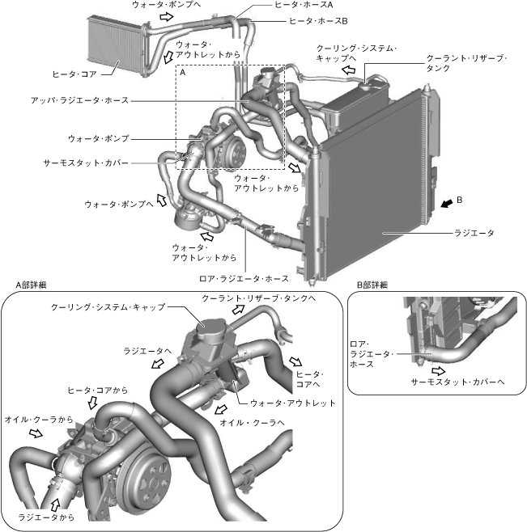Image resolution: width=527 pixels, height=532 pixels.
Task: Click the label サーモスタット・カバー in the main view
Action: click(x=85, y=163)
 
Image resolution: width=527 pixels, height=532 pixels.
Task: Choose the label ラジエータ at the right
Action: click(x=476, y=233)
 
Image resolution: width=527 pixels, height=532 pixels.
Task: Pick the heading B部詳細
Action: click(x=372, y=285)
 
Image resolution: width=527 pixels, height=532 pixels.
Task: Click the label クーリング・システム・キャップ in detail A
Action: click(x=107, y=307)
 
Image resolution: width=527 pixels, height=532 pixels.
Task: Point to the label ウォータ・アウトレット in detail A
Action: click(x=292, y=402)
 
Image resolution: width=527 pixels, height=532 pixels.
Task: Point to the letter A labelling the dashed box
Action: click(x=183, y=72)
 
